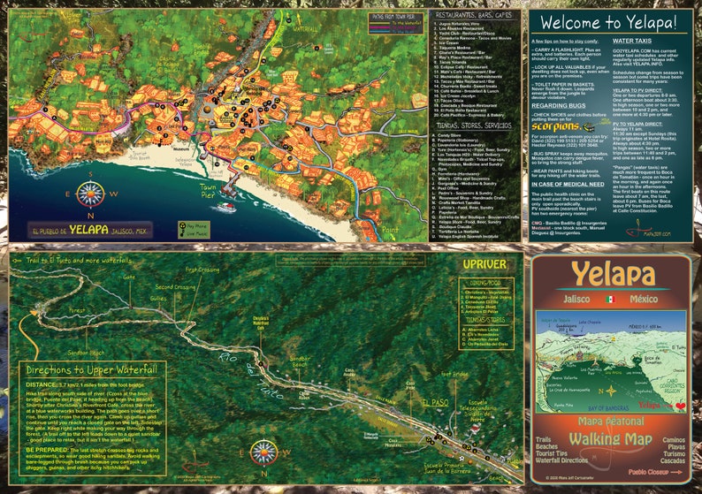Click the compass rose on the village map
90,193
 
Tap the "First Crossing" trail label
202,270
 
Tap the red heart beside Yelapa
680,405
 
